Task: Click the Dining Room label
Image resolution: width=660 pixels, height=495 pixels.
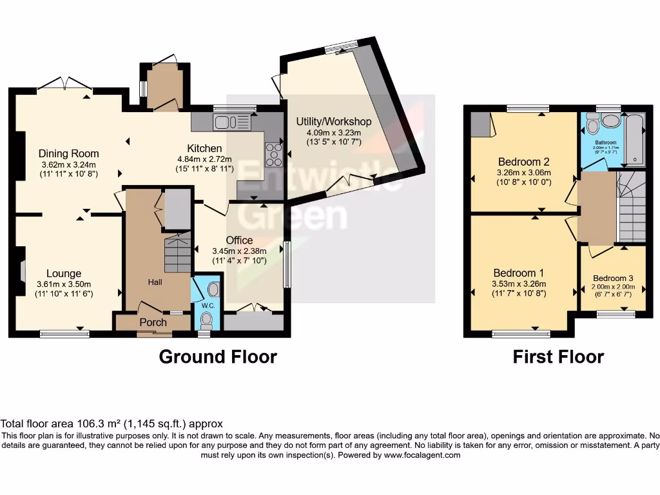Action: [x=69, y=153]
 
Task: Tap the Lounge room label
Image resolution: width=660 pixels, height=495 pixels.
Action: [x=59, y=273]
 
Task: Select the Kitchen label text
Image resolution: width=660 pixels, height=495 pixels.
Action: [x=204, y=148]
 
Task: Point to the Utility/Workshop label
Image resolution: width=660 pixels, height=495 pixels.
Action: [x=334, y=121]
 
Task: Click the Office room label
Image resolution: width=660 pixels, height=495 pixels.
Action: [x=239, y=240]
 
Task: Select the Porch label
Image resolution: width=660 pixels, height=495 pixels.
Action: [x=153, y=322]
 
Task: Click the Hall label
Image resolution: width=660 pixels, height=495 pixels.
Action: [x=155, y=282]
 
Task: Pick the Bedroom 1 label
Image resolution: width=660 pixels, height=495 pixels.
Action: [x=519, y=273]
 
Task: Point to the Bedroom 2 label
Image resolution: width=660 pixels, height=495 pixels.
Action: [x=523, y=162]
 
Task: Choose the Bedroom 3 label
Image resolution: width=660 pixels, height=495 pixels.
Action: [x=613, y=278]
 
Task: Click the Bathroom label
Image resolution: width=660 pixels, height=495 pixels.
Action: [x=605, y=142]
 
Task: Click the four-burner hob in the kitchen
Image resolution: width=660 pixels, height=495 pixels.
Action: [x=274, y=153]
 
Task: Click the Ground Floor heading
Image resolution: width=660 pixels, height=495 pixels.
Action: [x=218, y=356]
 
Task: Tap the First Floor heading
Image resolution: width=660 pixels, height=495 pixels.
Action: [x=558, y=356]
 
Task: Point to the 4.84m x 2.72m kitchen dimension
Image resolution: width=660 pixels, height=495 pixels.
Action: [x=205, y=159]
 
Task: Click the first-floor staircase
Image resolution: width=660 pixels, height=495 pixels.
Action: [x=632, y=206]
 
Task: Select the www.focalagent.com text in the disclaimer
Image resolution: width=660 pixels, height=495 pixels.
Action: [x=422, y=455]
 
